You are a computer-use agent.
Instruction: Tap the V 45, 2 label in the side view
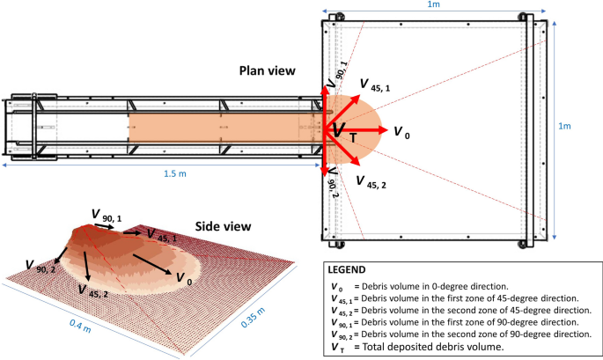point(92,290)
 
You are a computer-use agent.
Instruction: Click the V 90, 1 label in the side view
point(107,215)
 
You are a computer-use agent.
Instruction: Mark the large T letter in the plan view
point(352,138)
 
